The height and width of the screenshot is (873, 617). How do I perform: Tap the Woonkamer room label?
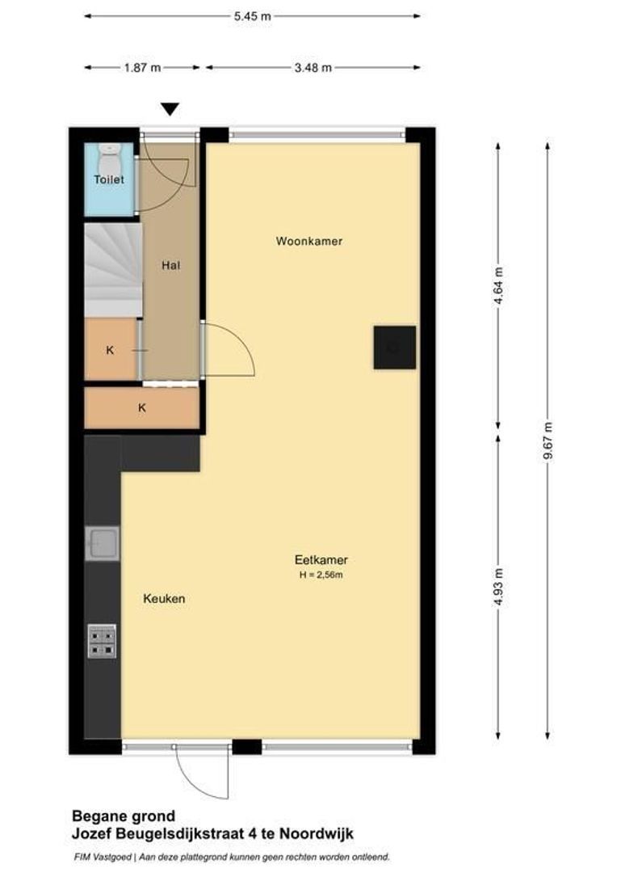309,241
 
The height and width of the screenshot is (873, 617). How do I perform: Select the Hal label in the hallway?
170,264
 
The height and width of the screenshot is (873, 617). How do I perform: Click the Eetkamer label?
321,559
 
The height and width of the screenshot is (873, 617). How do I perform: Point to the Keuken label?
164,599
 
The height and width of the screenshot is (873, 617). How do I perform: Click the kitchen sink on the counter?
103,543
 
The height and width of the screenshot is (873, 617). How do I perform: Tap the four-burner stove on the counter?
102,640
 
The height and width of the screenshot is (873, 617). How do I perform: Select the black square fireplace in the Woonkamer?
394,348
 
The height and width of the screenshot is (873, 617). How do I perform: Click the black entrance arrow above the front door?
169,110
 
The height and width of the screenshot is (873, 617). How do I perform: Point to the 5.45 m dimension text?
252,15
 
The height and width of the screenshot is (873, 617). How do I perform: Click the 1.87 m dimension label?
142,68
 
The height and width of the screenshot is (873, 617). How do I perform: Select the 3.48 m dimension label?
313,68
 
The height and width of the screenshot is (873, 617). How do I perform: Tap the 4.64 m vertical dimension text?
498,285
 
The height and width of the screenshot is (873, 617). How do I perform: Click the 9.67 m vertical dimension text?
548,441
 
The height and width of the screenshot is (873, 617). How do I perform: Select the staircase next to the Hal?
112,270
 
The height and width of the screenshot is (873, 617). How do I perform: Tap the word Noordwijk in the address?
319,833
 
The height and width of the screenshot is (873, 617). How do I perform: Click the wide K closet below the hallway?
142,408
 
